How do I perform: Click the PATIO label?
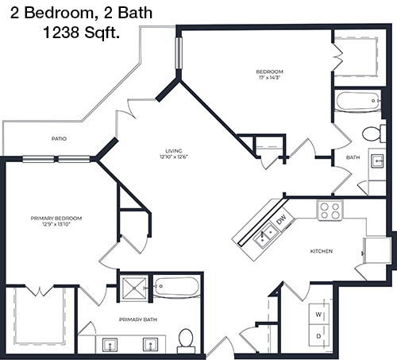(x=59, y=138)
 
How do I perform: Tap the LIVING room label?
(x=174, y=151)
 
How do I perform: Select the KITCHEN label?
(x=322, y=251)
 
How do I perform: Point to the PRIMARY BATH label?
(x=138, y=319)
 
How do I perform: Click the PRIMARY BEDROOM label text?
(x=56, y=219)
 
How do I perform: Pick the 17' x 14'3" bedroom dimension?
(x=269, y=78)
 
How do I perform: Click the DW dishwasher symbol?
(x=282, y=219)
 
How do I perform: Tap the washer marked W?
(x=319, y=314)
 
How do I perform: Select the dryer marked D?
(x=319, y=336)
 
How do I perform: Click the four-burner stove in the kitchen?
(x=330, y=211)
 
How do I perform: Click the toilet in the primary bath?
(x=186, y=341)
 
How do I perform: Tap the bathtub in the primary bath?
(x=176, y=286)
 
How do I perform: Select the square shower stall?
(x=134, y=288)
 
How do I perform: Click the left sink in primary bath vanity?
(x=110, y=344)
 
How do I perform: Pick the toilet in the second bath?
(x=373, y=134)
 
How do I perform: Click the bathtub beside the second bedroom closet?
(x=358, y=101)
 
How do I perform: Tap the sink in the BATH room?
(x=377, y=161)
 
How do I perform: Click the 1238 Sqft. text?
(x=81, y=33)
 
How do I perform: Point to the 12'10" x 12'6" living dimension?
(x=174, y=157)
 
